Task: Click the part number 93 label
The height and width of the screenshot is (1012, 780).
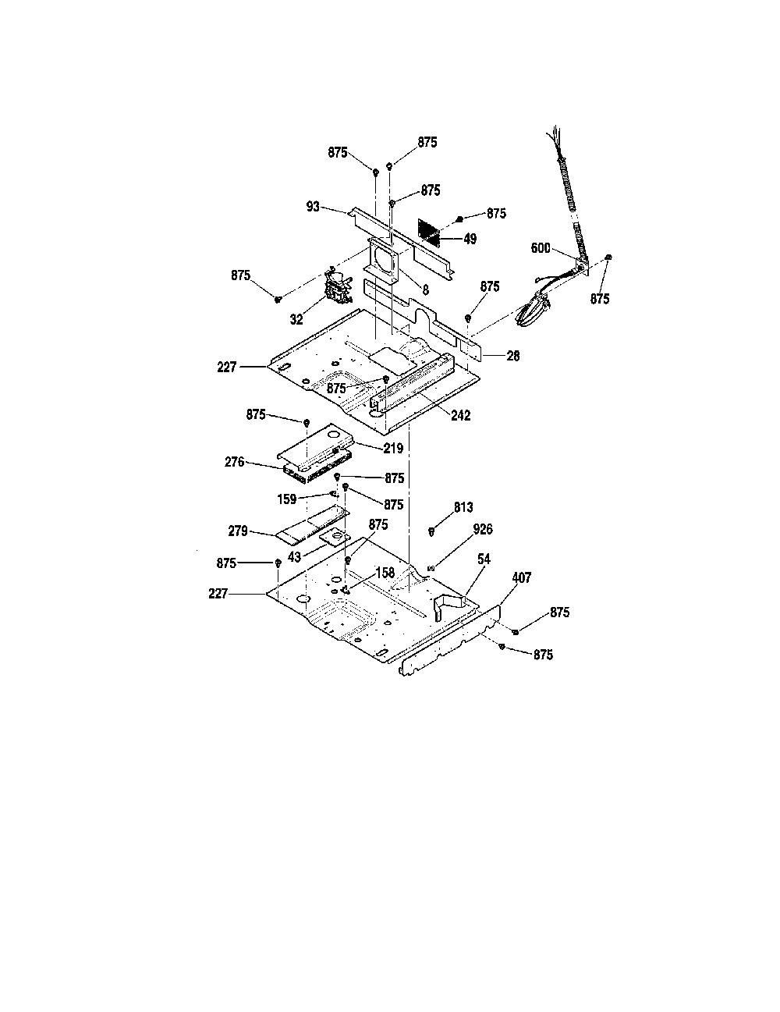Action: pyautogui.click(x=313, y=206)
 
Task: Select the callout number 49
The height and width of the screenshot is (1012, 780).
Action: pyautogui.click(x=470, y=239)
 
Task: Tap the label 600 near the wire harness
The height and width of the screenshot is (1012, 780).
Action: pyautogui.click(x=541, y=248)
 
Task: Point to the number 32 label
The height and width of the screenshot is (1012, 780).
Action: pyautogui.click(x=296, y=319)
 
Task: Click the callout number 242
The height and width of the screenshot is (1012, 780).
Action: pyautogui.click(x=460, y=415)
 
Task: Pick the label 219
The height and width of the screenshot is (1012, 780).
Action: pyautogui.click(x=393, y=448)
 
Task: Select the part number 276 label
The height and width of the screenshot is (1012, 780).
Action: pyautogui.click(x=235, y=462)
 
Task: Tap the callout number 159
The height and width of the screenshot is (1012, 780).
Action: pyautogui.click(x=287, y=499)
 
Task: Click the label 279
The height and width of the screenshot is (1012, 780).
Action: pyautogui.click(x=238, y=531)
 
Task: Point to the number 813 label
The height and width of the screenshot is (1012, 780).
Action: pyautogui.click(x=463, y=507)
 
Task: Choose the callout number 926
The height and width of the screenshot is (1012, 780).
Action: pyautogui.click(x=483, y=530)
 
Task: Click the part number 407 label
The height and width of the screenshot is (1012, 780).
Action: pyautogui.click(x=521, y=578)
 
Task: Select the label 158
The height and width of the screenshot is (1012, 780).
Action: pyautogui.click(x=385, y=573)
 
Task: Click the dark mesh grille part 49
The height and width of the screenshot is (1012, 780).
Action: pyautogui.click(x=429, y=233)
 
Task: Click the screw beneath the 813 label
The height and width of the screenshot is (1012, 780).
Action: pyautogui.click(x=431, y=531)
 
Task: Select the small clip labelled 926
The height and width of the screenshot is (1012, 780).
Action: pyautogui.click(x=431, y=567)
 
